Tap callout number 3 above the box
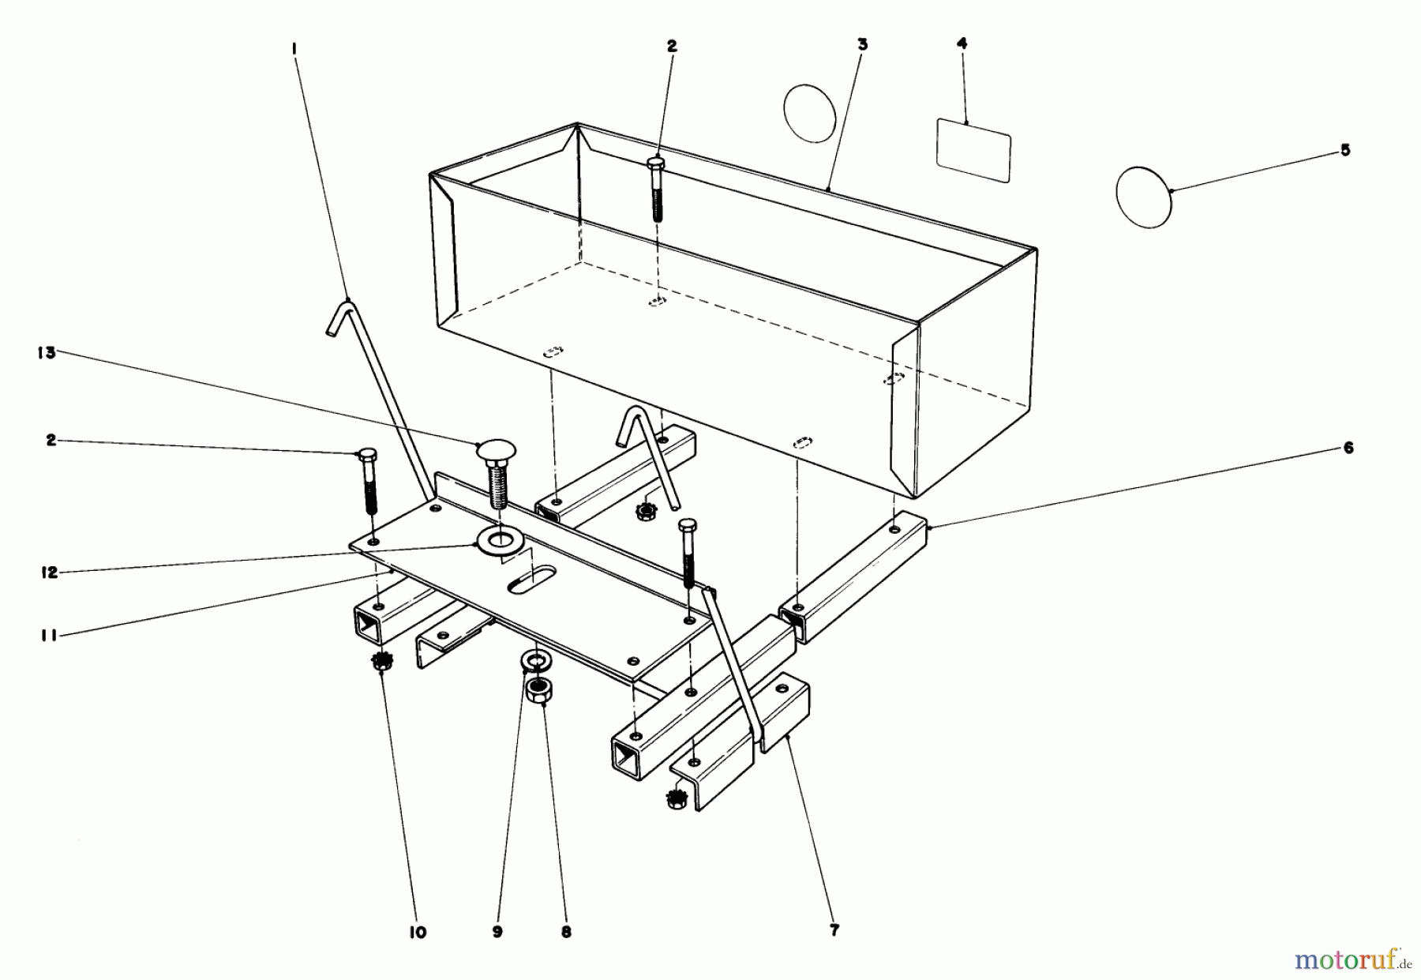coord(862,45)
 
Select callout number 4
coord(962,44)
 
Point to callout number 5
coord(1345,150)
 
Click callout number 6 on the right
coord(1348,449)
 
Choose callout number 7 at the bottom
coord(834,930)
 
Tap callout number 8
coord(566,932)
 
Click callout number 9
coord(497,932)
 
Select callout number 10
coord(418,933)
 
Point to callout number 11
coord(49,634)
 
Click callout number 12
coord(50,573)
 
